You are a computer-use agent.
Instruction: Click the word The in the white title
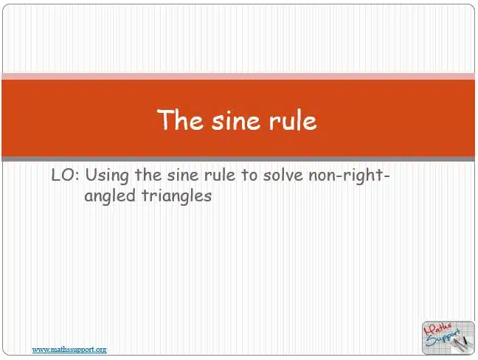click(180, 120)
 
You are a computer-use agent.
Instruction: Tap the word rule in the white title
click(293, 120)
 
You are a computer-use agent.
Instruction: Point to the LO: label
click(66, 176)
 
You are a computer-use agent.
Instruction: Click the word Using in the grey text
click(107, 176)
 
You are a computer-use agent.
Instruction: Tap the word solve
click(283, 176)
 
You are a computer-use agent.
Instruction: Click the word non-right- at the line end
click(350, 176)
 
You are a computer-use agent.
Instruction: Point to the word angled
click(110, 196)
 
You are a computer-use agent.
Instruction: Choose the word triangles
click(176, 195)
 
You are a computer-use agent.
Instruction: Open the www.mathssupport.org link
click(69, 350)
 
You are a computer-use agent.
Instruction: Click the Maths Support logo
click(448, 338)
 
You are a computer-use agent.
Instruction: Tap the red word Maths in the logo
click(437, 328)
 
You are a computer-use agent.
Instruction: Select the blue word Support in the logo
click(443, 338)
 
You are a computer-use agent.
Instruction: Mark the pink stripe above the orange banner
click(238, 76)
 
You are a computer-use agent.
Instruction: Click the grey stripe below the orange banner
click(238, 159)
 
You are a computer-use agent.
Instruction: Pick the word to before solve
click(249, 176)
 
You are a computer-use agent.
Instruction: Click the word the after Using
click(148, 176)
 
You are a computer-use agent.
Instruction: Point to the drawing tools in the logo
click(462, 344)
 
